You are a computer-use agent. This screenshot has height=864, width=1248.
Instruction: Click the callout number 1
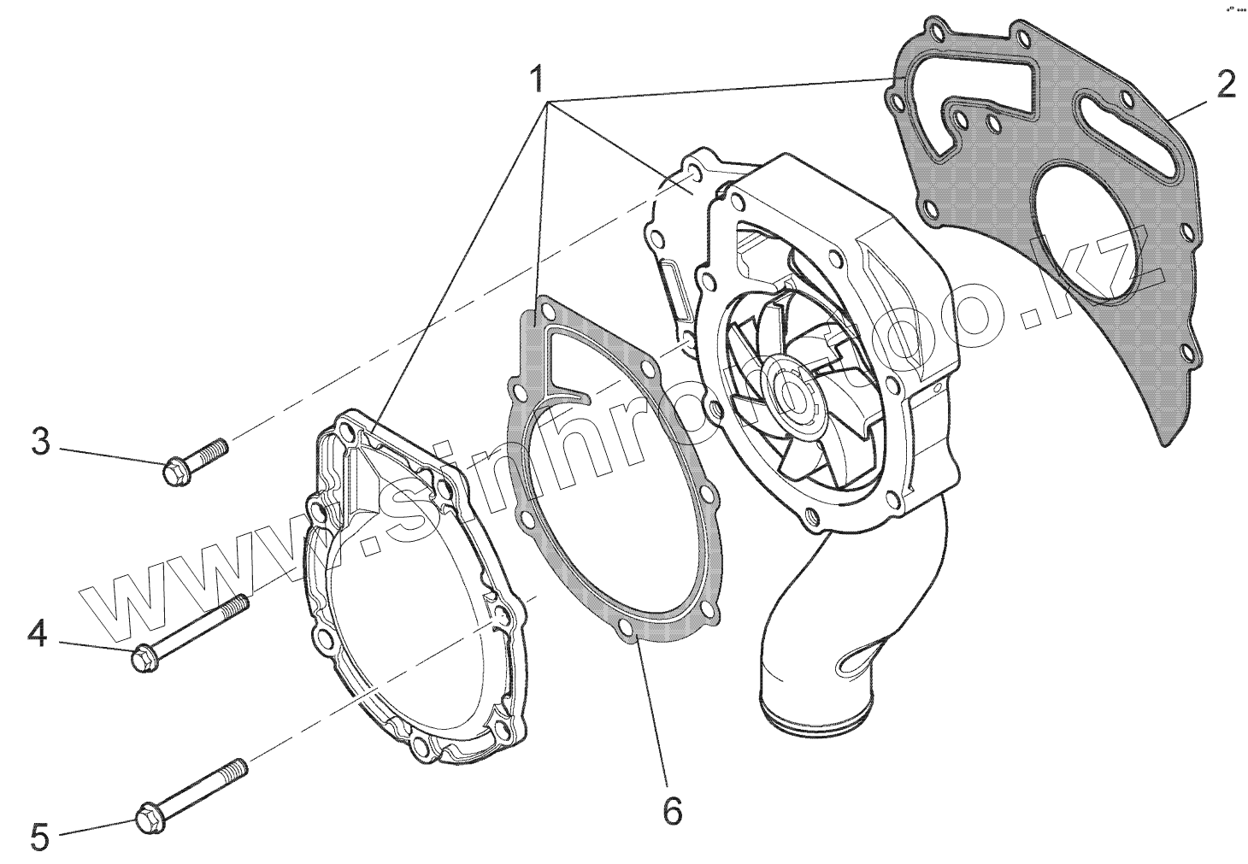pyautogui.click(x=536, y=80)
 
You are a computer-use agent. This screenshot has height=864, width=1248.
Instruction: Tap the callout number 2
pyautogui.click(x=1225, y=85)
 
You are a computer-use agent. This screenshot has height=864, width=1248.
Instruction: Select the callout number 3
pyautogui.click(x=40, y=444)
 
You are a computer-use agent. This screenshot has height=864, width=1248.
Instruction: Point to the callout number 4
pyautogui.click(x=37, y=634)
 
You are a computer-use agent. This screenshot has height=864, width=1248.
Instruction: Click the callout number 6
pyautogui.click(x=673, y=809)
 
